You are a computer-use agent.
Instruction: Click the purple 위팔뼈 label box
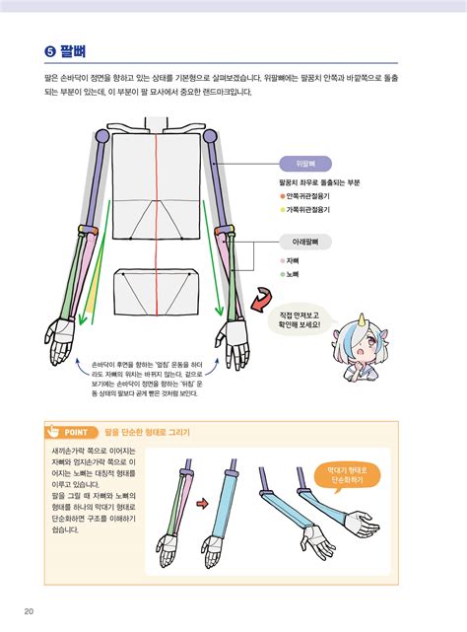coord(304,163)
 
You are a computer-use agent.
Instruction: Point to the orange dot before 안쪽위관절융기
coord(282,195)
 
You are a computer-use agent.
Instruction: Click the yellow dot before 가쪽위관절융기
coord(282,209)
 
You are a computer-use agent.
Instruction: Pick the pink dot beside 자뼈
coord(282,260)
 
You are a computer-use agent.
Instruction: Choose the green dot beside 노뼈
coord(282,274)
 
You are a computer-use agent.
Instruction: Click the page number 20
coord(30,611)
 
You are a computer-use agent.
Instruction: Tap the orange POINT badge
coord(69,432)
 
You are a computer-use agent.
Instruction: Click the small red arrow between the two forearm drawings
coord(200,505)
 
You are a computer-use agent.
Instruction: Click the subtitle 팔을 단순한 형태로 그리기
coord(147,432)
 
